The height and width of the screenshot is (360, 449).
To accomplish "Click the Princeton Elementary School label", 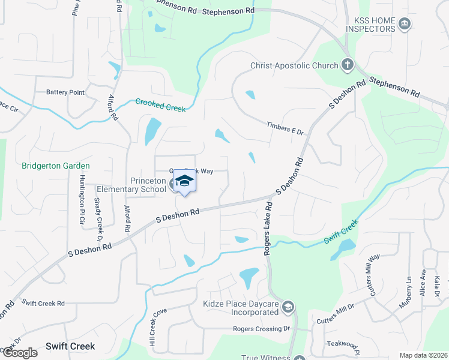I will (x=131, y=185).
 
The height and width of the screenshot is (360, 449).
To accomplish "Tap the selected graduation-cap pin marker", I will (x=185, y=181).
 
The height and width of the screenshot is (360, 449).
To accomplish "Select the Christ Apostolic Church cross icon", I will (x=347, y=65).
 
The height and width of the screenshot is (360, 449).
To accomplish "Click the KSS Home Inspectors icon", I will (x=405, y=24).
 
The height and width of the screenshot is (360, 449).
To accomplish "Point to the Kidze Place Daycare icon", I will (x=288, y=308).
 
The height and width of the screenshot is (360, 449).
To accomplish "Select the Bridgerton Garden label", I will (x=56, y=166).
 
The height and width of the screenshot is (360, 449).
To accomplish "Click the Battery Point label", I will (x=65, y=92).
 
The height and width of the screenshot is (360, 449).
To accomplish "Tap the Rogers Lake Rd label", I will (x=268, y=228).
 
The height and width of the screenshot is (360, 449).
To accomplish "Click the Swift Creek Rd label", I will (x=43, y=304).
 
